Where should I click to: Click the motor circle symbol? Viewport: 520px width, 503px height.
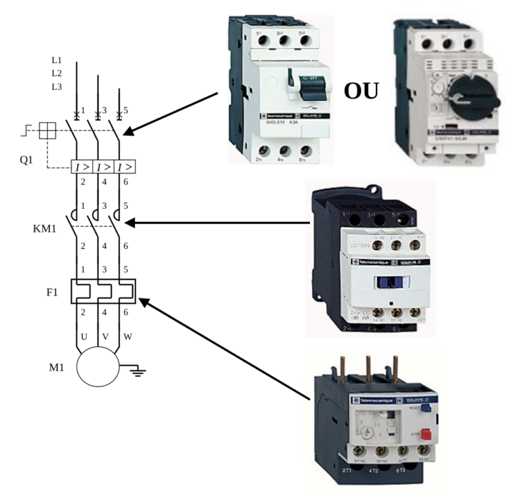click(97, 368)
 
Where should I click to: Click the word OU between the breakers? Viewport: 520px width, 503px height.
click(360, 90)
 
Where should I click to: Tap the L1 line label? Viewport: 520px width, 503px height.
click(56, 60)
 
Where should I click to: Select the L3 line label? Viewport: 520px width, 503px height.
click(56, 86)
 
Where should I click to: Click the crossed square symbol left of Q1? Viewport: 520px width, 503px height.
click(47, 131)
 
